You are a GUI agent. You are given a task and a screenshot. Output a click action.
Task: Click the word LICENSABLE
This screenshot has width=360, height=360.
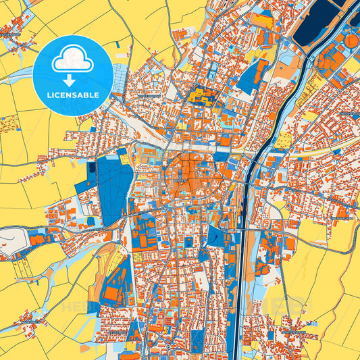click(x=72, y=94)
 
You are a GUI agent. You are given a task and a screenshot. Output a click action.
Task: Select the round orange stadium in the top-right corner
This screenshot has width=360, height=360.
click(x=351, y=41)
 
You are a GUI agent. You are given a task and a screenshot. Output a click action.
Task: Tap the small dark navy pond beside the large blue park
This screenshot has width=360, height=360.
click(x=91, y=167)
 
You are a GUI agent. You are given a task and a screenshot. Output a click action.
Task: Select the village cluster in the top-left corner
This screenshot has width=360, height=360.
click(x=14, y=30)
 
